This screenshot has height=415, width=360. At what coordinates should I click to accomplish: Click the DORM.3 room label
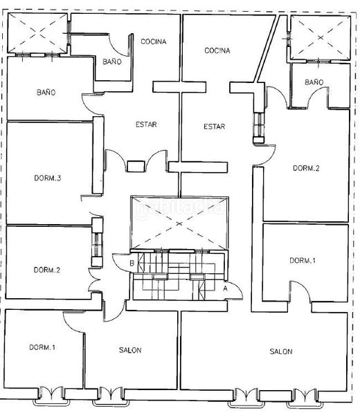tap(48, 178)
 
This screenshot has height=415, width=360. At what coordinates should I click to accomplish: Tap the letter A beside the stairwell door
tap(225, 288)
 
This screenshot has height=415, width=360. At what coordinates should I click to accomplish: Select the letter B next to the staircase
tap(132, 264)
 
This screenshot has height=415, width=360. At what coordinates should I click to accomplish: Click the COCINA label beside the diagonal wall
tap(217, 50)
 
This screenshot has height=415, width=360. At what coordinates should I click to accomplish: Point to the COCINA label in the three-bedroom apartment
tap(154, 41)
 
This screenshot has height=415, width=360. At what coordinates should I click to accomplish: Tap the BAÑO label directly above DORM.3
tap(46, 93)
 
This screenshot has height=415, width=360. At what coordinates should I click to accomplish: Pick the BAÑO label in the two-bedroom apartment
tap(314, 82)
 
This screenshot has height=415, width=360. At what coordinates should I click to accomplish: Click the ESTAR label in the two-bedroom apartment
tap(215, 127)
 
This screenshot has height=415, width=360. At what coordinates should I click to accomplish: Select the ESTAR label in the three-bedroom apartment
tap(146, 124)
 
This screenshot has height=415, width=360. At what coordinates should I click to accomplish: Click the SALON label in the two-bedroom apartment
tap(281, 351)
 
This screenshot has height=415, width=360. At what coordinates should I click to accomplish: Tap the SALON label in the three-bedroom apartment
tap(130, 350)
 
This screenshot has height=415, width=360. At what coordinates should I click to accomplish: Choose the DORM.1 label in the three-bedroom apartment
tap(42, 347)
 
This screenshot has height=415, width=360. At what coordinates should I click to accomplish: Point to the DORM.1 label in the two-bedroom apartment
tap(303, 261)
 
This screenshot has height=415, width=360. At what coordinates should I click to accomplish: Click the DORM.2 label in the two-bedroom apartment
tap(306, 168)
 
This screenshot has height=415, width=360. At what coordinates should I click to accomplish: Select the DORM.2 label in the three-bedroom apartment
tap(47, 270)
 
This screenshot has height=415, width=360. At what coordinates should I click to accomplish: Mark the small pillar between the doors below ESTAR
tap(136, 167)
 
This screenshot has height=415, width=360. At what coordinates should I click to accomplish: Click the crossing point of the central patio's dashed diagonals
tap(179, 224)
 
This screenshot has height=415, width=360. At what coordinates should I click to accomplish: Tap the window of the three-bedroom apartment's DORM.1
tap(51, 395)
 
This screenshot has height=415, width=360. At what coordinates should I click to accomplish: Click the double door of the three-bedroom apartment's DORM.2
tap(94, 280)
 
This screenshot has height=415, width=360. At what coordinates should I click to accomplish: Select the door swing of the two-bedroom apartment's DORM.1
tap(303, 287)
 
